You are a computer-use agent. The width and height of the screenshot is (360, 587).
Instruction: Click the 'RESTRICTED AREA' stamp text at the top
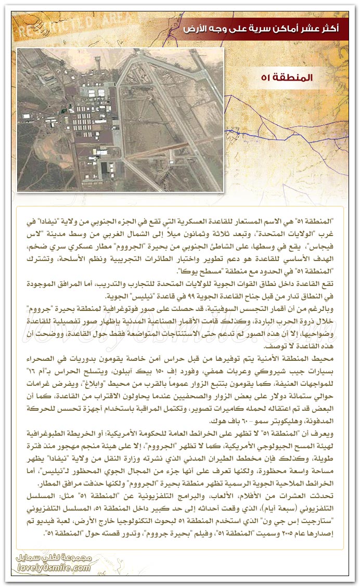(x=83, y=26)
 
